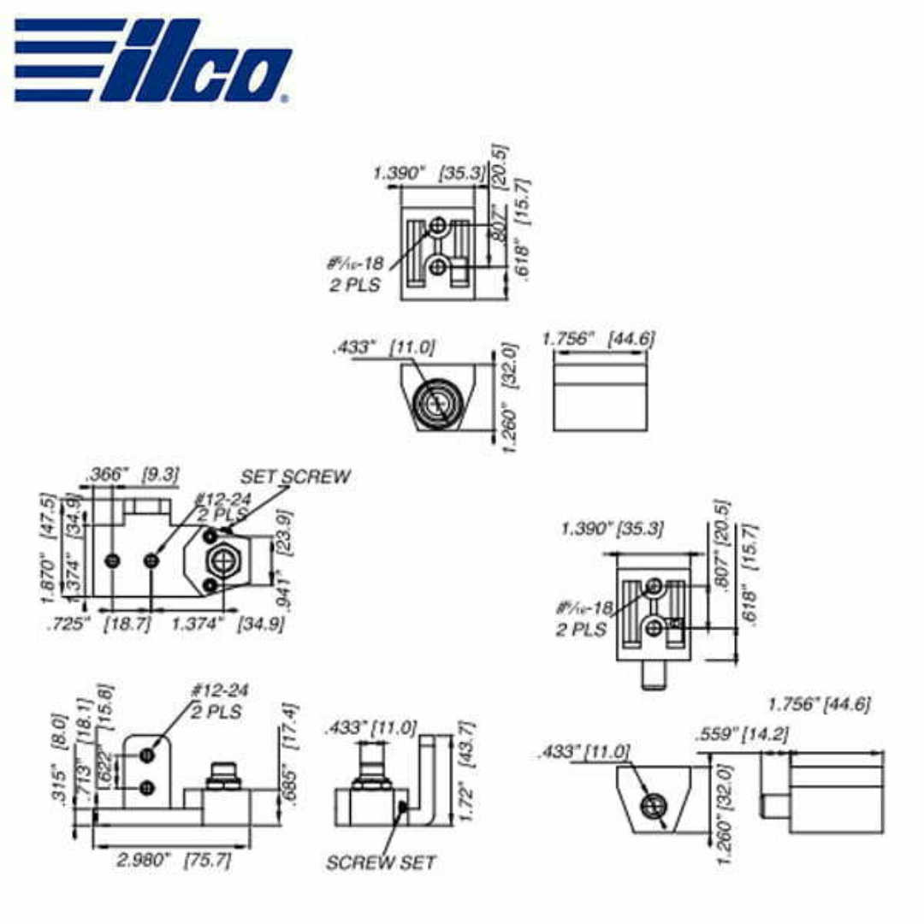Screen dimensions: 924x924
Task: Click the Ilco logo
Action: tap(152, 58)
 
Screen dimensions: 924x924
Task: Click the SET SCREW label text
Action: tap(295, 477)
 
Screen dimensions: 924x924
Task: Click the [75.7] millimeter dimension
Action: tap(207, 860)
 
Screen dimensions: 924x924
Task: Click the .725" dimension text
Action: tap(68, 624)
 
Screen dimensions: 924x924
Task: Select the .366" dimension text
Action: tap(107, 472)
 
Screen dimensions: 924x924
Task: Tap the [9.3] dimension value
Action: tap(160, 472)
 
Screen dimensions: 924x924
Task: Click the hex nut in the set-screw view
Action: tap(224, 560)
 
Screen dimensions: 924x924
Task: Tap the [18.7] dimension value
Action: tap(127, 624)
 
